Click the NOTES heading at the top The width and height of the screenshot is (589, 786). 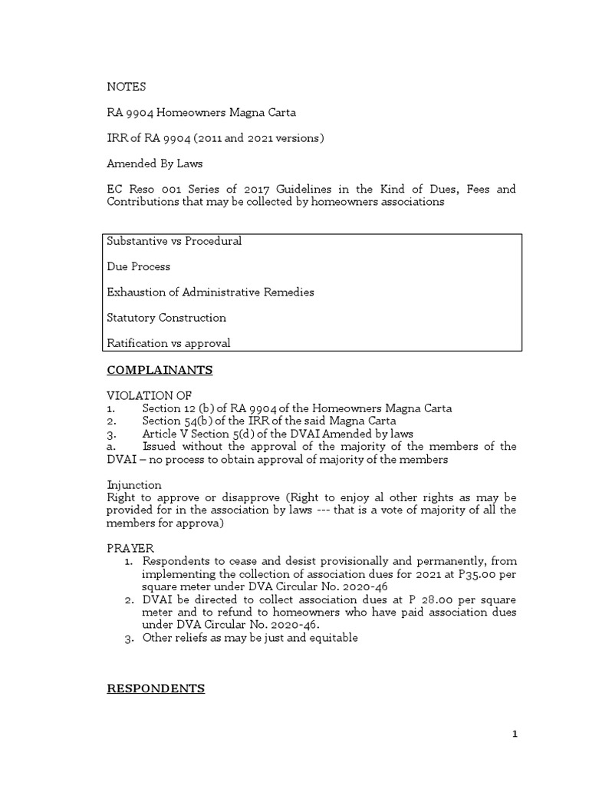coord(126,87)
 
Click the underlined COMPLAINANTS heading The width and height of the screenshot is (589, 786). coord(160,370)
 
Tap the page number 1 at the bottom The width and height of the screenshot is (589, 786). coord(515,735)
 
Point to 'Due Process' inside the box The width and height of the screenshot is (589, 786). coord(138,266)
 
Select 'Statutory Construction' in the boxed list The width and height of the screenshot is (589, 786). coord(166,317)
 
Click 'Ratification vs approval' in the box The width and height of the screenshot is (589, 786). coord(168,343)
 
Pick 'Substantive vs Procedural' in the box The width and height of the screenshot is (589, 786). coord(174,241)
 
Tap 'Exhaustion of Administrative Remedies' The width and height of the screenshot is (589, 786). coord(210,292)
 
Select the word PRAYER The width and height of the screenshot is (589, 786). coord(130,548)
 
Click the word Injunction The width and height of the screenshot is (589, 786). coord(134,485)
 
